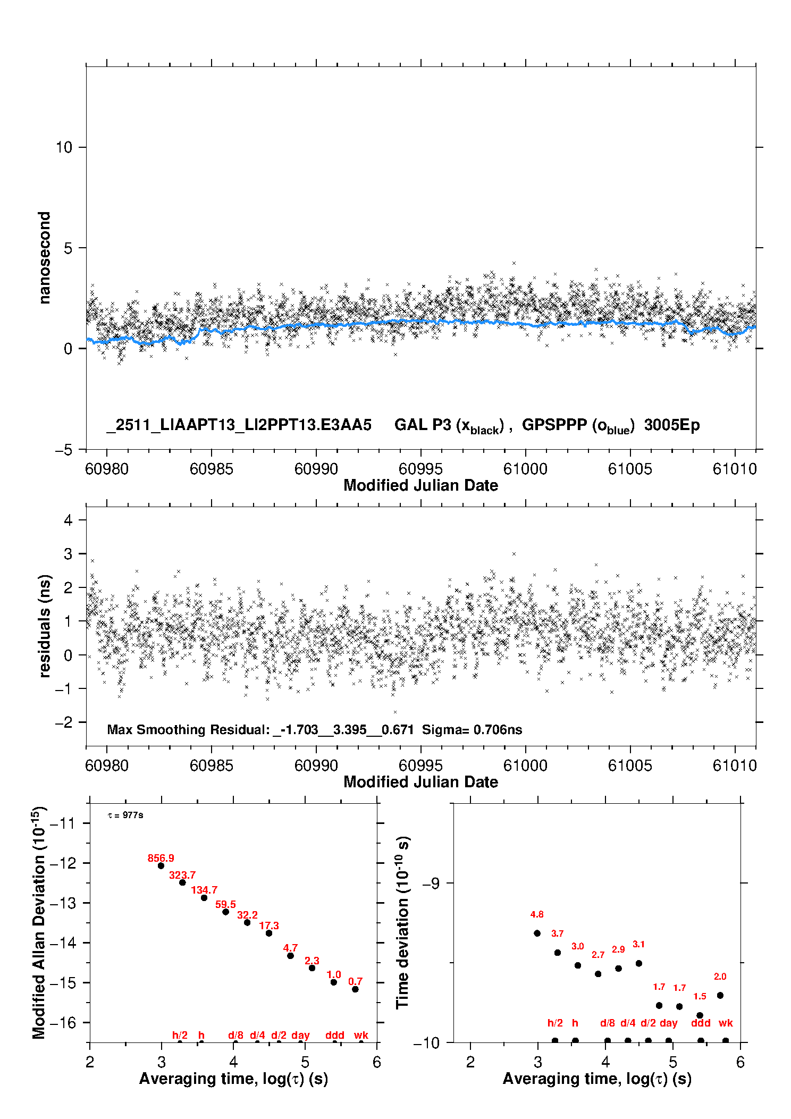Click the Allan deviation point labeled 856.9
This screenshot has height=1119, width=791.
click(x=161, y=866)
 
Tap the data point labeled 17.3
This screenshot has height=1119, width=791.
click(x=269, y=933)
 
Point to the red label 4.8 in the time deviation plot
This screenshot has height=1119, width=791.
click(x=537, y=914)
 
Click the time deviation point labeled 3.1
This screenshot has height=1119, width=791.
click(x=639, y=963)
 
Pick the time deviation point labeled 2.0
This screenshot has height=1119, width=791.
click(x=720, y=995)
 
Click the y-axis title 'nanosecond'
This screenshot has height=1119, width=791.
click(x=45, y=258)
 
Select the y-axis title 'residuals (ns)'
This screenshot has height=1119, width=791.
click(x=45, y=626)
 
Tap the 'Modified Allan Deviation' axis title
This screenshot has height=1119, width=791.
click(x=39, y=922)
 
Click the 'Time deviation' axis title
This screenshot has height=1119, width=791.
click(x=402, y=922)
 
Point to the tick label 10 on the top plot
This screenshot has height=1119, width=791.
click(x=64, y=147)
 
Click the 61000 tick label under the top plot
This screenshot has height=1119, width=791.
click(x=525, y=469)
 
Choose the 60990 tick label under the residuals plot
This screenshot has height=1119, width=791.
click(x=316, y=765)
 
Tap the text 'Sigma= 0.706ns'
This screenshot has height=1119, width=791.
click(x=472, y=730)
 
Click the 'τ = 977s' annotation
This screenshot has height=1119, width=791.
click(x=125, y=815)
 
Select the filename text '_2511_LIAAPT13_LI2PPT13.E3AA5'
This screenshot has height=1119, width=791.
click(x=239, y=425)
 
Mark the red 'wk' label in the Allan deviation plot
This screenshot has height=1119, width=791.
click(x=361, y=1035)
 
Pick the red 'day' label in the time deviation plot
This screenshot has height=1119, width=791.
click(x=669, y=1023)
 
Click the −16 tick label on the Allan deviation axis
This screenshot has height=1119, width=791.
click(x=63, y=1023)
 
